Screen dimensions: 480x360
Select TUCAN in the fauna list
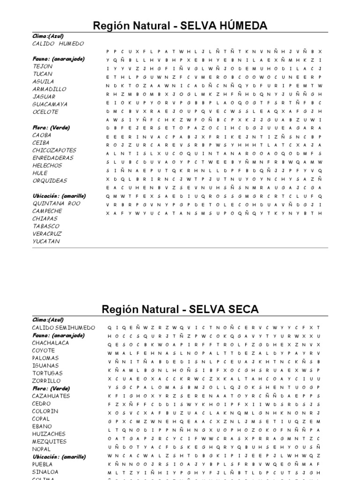(x=42, y=74)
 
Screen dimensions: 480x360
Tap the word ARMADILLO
(x=49, y=89)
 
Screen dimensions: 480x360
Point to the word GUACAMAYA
(x=50, y=104)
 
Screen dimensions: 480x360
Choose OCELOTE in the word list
(x=45, y=112)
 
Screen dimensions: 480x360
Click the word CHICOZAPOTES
(x=54, y=150)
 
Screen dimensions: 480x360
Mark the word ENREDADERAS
(x=53, y=158)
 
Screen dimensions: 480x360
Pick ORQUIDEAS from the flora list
(x=50, y=180)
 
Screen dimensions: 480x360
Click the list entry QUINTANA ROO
(x=56, y=203)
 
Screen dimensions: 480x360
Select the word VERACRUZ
(x=47, y=234)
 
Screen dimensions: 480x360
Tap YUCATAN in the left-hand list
(x=46, y=241)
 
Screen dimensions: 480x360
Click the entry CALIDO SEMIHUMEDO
(x=63, y=328)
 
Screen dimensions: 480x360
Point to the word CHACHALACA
(x=50, y=343)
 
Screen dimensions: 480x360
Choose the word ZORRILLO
(x=46, y=381)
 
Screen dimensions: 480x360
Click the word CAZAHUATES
(x=51, y=396)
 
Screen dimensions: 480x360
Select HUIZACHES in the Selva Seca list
(x=48, y=434)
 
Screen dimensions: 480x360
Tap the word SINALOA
(x=45, y=472)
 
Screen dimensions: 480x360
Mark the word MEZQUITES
(x=49, y=442)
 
